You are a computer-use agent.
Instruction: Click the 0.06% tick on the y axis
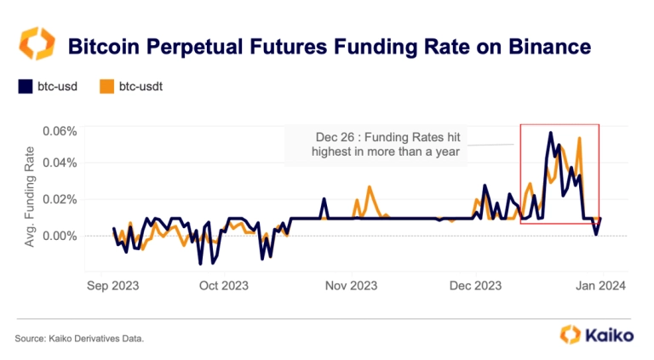pyautogui.click(x=60, y=131)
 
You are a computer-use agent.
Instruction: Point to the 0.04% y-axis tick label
pyautogui.click(x=60, y=163)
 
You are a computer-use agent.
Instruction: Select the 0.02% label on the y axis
pyautogui.click(x=60, y=199)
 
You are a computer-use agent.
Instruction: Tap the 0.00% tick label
pyautogui.click(x=60, y=235)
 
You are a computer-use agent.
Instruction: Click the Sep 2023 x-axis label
pyautogui.click(x=112, y=286)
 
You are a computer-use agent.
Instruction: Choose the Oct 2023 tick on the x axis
pyautogui.click(x=223, y=286)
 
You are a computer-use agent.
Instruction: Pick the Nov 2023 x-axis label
pyautogui.click(x=352, y=286)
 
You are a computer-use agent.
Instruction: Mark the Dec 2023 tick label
pyautogui.click(x=476, y=286)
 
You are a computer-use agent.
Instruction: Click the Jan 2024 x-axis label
pyautogui.click(x=601, y=286)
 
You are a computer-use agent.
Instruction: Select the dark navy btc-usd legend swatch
pyautogui.click(x=24, y=86)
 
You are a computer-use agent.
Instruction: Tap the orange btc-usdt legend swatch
pyautogui.click(x=107, y=86)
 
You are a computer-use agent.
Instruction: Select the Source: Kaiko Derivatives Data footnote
pyautogui.click(x=79, y=339)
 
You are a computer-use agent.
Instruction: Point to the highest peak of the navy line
pyautogui.click(x=551, y=133)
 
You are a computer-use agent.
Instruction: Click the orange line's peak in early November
pyautogui.click(x=370, y=186)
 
